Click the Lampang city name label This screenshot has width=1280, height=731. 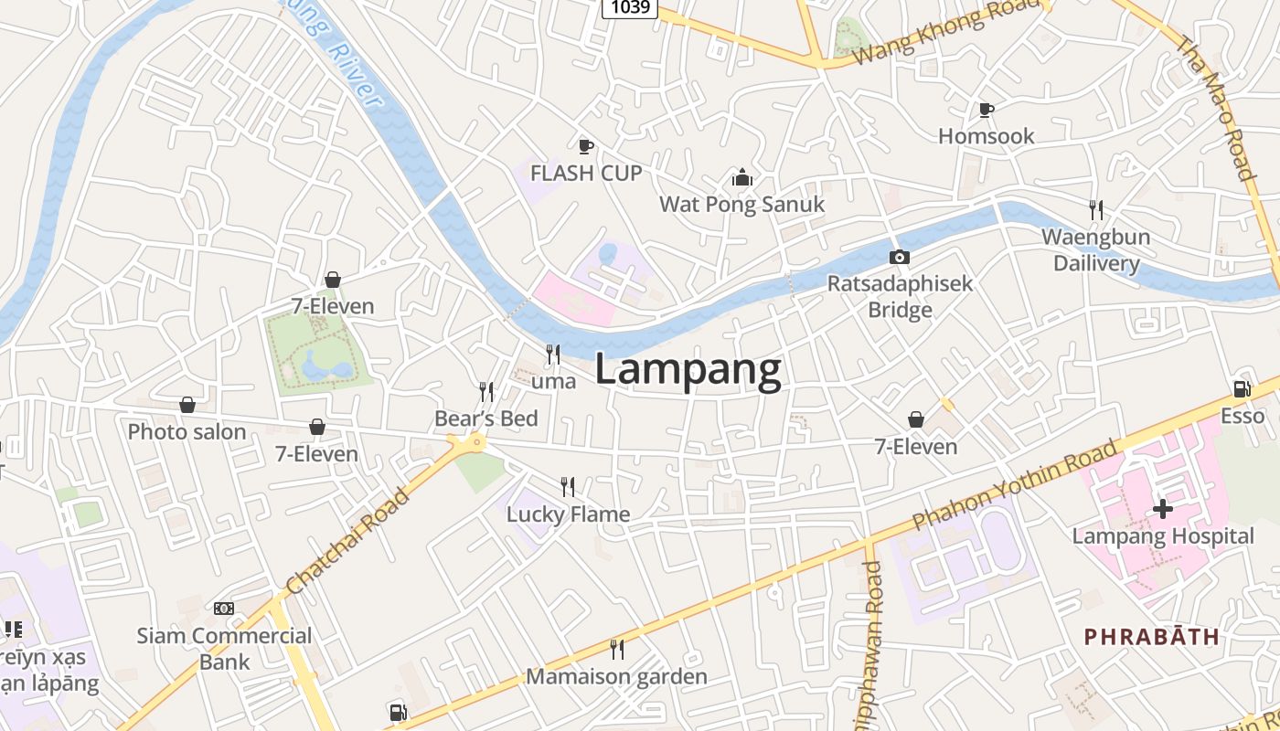point(688,370)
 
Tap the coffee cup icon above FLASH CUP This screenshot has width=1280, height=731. point(586,146)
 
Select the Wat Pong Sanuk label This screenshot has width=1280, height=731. point(742,204)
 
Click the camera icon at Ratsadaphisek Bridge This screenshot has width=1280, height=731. point(900,258)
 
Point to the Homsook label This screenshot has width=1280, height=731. point(987,136)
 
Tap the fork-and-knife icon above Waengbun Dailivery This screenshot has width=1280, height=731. point(1096,210)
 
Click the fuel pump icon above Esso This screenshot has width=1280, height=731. point(1242,389)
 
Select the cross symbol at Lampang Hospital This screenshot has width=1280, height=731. point(1163,509)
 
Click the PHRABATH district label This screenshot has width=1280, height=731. point(1152,637)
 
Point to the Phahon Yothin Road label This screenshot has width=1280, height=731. point(1016,485)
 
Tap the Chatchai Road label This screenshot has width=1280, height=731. point(347,541)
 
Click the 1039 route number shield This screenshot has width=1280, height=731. point(631,7)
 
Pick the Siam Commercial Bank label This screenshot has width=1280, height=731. point(224,648)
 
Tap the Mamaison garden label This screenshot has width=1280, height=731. point(616,677)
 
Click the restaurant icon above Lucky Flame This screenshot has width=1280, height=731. point(568,486)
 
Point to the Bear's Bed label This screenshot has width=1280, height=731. point(486,418)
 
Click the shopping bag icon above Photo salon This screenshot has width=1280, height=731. point(187,405)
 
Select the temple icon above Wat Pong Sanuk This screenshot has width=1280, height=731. point(742,176)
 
